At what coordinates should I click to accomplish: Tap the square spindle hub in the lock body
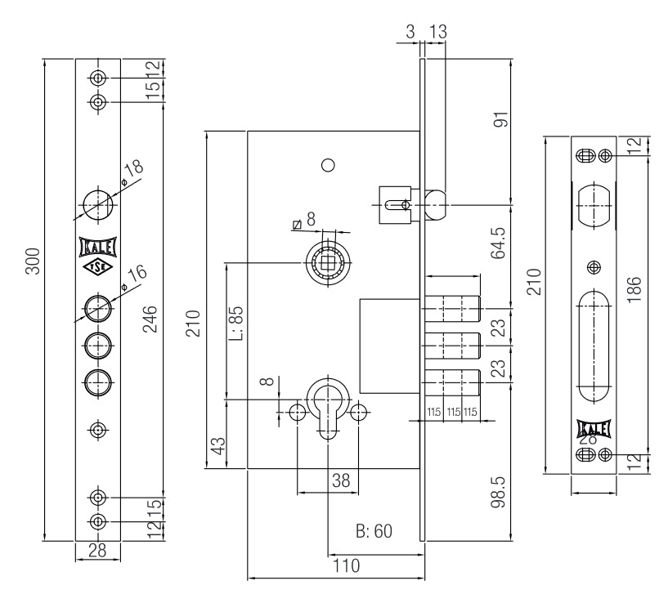point(327,262)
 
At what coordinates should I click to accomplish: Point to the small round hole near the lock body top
point(327,164)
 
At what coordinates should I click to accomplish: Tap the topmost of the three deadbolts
point(451,309)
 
